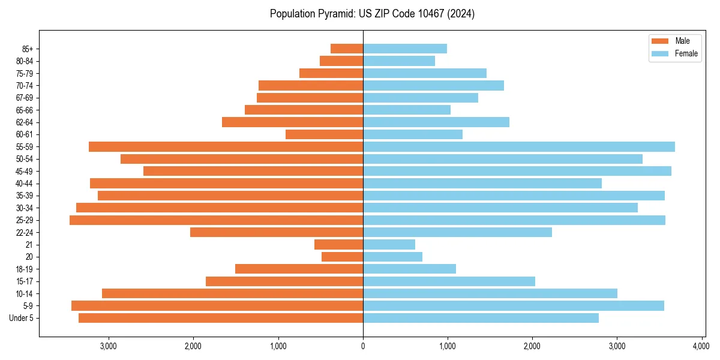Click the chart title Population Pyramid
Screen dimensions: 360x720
tap(372, 14)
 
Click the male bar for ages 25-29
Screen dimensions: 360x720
tap(216, 220)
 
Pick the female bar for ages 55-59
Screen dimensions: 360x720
tap(519, 147)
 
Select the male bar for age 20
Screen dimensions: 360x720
tap(342, 257)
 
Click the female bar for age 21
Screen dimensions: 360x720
tap(389, 245)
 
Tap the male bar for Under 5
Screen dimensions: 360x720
tap(221, 318)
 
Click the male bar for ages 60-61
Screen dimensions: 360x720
tap(324, 134)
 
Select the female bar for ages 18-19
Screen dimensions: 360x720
tap(409, 269)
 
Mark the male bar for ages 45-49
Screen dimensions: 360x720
tap(253, 171)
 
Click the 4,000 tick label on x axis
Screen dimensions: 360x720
tap(701, 347)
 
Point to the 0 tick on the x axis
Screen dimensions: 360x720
tap(363, 347)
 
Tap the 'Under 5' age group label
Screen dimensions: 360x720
tap(21, 318)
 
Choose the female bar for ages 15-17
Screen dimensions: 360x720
tap(449, 281)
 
